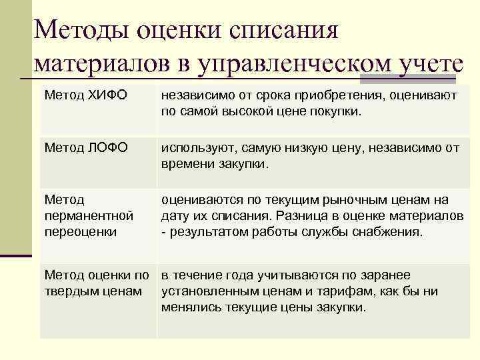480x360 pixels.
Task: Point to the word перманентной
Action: (89, 216)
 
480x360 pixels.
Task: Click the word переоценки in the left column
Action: (80, 232)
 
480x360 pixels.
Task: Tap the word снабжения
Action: (390, 232)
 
